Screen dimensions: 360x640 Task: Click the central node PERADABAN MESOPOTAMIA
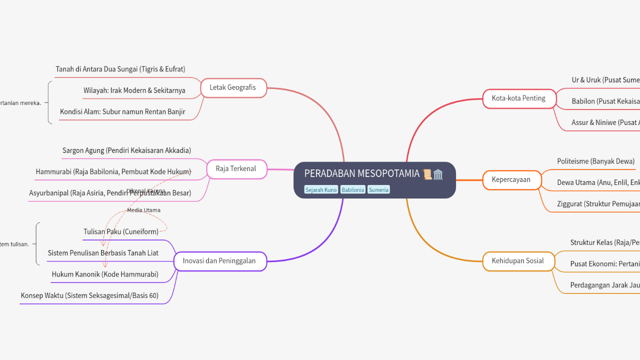(x=362, y=174)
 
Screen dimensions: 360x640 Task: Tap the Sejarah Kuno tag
(x=321, y=190)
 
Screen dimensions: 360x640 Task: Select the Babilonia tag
(x=352, y=190)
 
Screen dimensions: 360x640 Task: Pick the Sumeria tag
(x=378, y=190)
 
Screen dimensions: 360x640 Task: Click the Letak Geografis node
(x=233, y=87)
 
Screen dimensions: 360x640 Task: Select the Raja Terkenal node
(x=236, y=169)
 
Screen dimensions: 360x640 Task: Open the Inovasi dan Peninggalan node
(x=219, y=261)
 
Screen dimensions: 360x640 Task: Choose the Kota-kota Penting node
(x=518, y=98)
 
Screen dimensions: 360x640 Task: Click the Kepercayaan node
(x=511, y=180)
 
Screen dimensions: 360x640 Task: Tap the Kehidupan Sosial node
(x=518, y=261)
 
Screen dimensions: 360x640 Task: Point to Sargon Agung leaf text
(x=126, y=150)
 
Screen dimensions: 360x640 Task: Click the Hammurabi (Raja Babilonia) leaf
(x=113, y=172)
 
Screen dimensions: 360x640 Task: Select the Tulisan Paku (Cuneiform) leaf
(x=121, y=232)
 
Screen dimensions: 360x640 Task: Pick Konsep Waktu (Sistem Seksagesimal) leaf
(x=89, y=296)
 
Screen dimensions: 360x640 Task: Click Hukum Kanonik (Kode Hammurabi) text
(x=105, y=274)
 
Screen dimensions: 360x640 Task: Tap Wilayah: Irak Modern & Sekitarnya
(x=134, y=90)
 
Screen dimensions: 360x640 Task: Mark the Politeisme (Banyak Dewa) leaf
(x=595, y=161)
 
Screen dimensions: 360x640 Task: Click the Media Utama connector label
(x=143, y=210)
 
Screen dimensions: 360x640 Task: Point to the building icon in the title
(x=438, y=174)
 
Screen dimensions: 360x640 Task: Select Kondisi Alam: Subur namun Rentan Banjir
(x=122, y=112)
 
